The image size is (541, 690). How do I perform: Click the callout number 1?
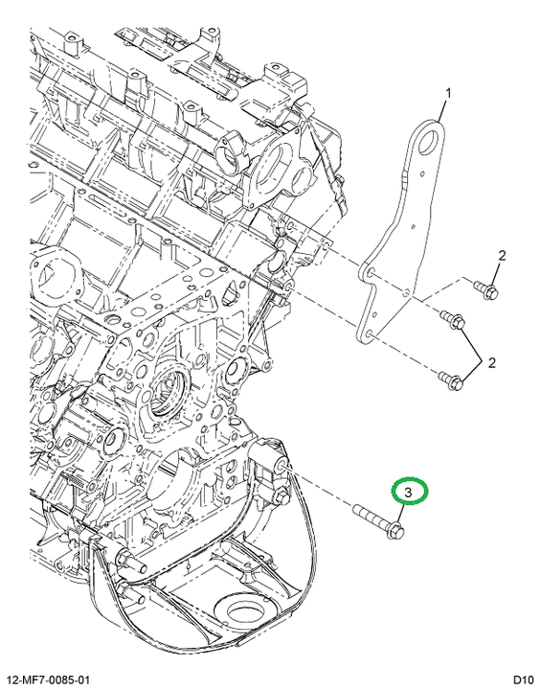[448, 93]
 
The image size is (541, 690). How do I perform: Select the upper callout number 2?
[502, 255]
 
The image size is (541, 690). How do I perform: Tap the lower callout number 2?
[492, 362]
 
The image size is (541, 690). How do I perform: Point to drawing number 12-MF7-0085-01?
[47, 679]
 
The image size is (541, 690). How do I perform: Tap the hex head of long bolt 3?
[396, 529]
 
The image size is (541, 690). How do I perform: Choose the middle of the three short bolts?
[452, 319]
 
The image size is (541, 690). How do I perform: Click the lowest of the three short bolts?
[450, 380]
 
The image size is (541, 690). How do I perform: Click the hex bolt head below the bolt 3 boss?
[282, 498]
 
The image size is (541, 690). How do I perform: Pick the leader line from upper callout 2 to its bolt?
[497, 275]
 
